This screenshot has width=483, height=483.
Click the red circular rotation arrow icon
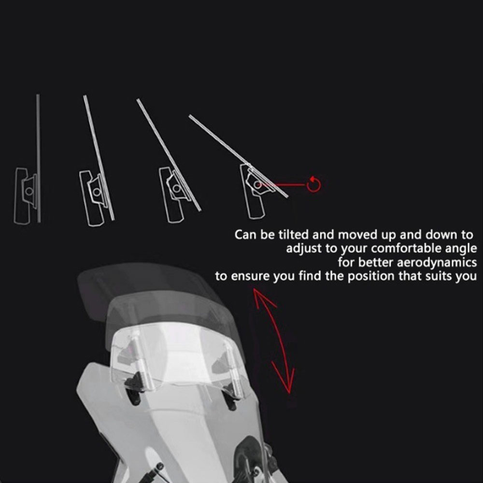pyautogui.click(x=313, y=185)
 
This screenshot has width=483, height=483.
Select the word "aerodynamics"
pyautogui.click(x=437, y=262)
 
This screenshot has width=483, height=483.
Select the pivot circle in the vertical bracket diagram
pyautogui.click(x=29, y=191)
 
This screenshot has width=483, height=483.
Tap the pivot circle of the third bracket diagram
pyautogui.click(x=176, y=188)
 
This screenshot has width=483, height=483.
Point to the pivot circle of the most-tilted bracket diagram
pyautogui.click(x=257, y=185)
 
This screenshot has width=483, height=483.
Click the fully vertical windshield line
pyautogui.click(x=39, y=158)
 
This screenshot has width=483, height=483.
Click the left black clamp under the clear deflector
pyautogui.click(x=135, y=389)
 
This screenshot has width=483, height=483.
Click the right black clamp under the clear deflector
pyautogui.click(x=231, y=400)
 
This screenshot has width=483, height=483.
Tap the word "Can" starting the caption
pyautogui.click(x=245, y=235)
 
